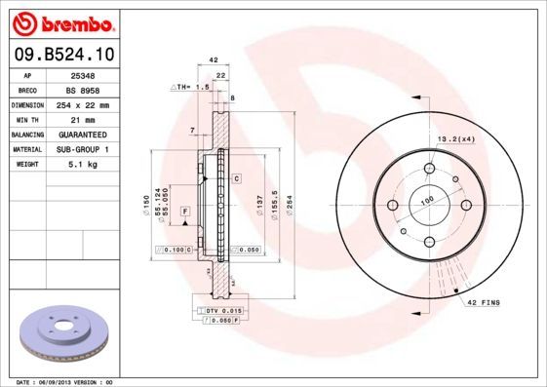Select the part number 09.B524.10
tap(64, 57)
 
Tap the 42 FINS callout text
tap(483, 304)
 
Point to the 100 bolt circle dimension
tap(426, 201)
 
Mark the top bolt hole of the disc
tap(428, 170)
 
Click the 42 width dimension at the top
tap(214, 60)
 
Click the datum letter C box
tap(236, 179)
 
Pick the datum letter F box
tap(183, 212)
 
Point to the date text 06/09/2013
tap(71, 381)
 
